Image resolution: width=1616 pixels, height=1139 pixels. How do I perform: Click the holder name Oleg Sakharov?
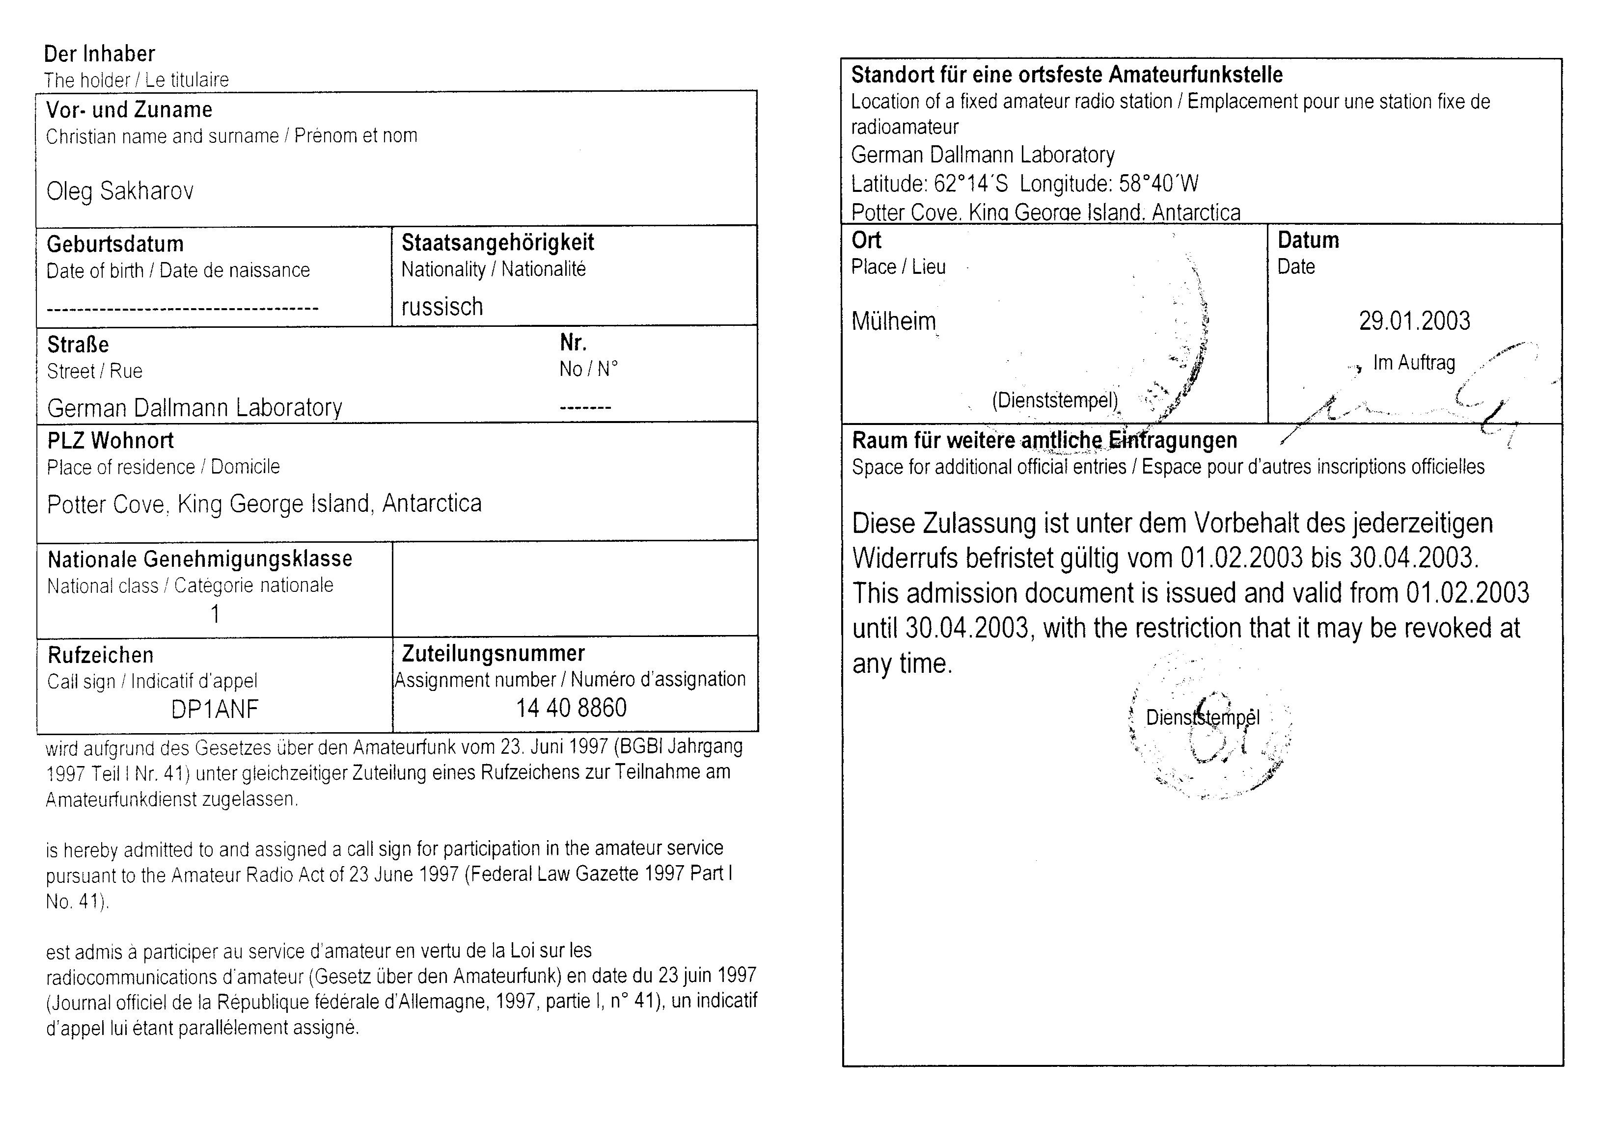coord(120,191)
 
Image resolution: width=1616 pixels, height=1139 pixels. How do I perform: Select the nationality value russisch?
coord(442,307)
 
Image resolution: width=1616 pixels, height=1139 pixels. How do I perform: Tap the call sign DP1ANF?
coord(215,709)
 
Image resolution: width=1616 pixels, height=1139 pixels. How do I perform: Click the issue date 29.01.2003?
coord(1414,321)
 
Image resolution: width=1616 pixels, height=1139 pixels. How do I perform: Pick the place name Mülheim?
coord(893,321)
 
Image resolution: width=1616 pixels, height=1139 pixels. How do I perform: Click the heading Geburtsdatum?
coord(115,244)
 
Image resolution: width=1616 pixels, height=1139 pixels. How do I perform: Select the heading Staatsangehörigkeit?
coord(497,243)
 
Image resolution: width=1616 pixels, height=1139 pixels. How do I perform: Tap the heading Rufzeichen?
coord(100,655)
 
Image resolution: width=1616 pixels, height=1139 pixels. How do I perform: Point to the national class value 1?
coord(216,615)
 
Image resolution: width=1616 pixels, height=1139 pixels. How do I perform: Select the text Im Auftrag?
coord(1414,363)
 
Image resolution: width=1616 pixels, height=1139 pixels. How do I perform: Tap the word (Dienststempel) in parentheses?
coord(1054,400)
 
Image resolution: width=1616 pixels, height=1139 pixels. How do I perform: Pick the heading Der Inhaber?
coord(99,53)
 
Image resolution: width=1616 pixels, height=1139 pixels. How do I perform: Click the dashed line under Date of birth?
coord(182,308)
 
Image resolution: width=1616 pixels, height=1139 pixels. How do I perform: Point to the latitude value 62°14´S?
coord(971,185)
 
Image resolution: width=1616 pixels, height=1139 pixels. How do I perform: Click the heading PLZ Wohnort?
coord(110,440)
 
